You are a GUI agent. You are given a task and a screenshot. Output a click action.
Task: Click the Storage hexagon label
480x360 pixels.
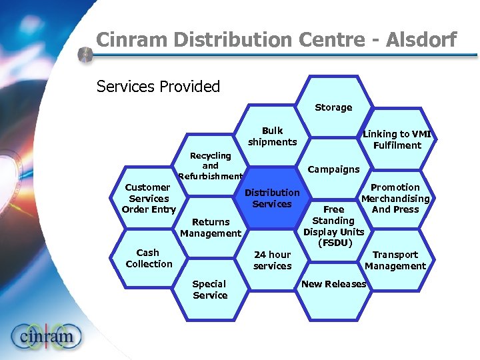tap(333, 107)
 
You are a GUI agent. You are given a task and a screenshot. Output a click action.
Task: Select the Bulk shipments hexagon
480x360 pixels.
tap(272, 137)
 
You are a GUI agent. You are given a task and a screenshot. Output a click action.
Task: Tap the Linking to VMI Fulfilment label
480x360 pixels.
tap(397, 139)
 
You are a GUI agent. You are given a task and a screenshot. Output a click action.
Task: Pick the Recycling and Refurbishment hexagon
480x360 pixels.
tap(211, 166)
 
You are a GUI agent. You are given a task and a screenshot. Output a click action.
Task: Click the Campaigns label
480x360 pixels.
tap(334, 169)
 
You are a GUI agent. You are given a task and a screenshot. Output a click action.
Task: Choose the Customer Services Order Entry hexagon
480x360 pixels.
tap(149, 198)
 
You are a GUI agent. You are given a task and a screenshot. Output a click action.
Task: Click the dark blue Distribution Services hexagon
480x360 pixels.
tap(272, 198)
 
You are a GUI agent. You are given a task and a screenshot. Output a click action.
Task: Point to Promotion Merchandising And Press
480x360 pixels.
tap(395, 198)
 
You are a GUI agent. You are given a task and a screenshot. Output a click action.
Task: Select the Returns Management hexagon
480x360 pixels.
tap(211, 227)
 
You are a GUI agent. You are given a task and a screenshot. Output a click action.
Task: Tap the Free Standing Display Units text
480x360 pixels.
tap(334, 226)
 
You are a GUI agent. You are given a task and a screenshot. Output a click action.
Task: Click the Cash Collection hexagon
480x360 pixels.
tap(149, 258)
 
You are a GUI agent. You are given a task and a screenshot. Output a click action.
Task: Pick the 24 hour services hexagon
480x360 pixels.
tap(272, 260)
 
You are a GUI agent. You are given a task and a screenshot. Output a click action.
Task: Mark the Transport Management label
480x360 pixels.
tap(395, 260)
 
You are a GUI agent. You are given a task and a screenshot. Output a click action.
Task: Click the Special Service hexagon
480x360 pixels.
tap(211, 289)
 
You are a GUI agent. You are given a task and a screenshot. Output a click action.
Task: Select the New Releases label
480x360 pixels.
tap(334, 284)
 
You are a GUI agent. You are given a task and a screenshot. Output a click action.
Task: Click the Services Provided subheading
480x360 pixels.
tap(158, 87)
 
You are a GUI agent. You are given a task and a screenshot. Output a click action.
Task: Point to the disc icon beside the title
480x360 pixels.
tap(85, 55)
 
